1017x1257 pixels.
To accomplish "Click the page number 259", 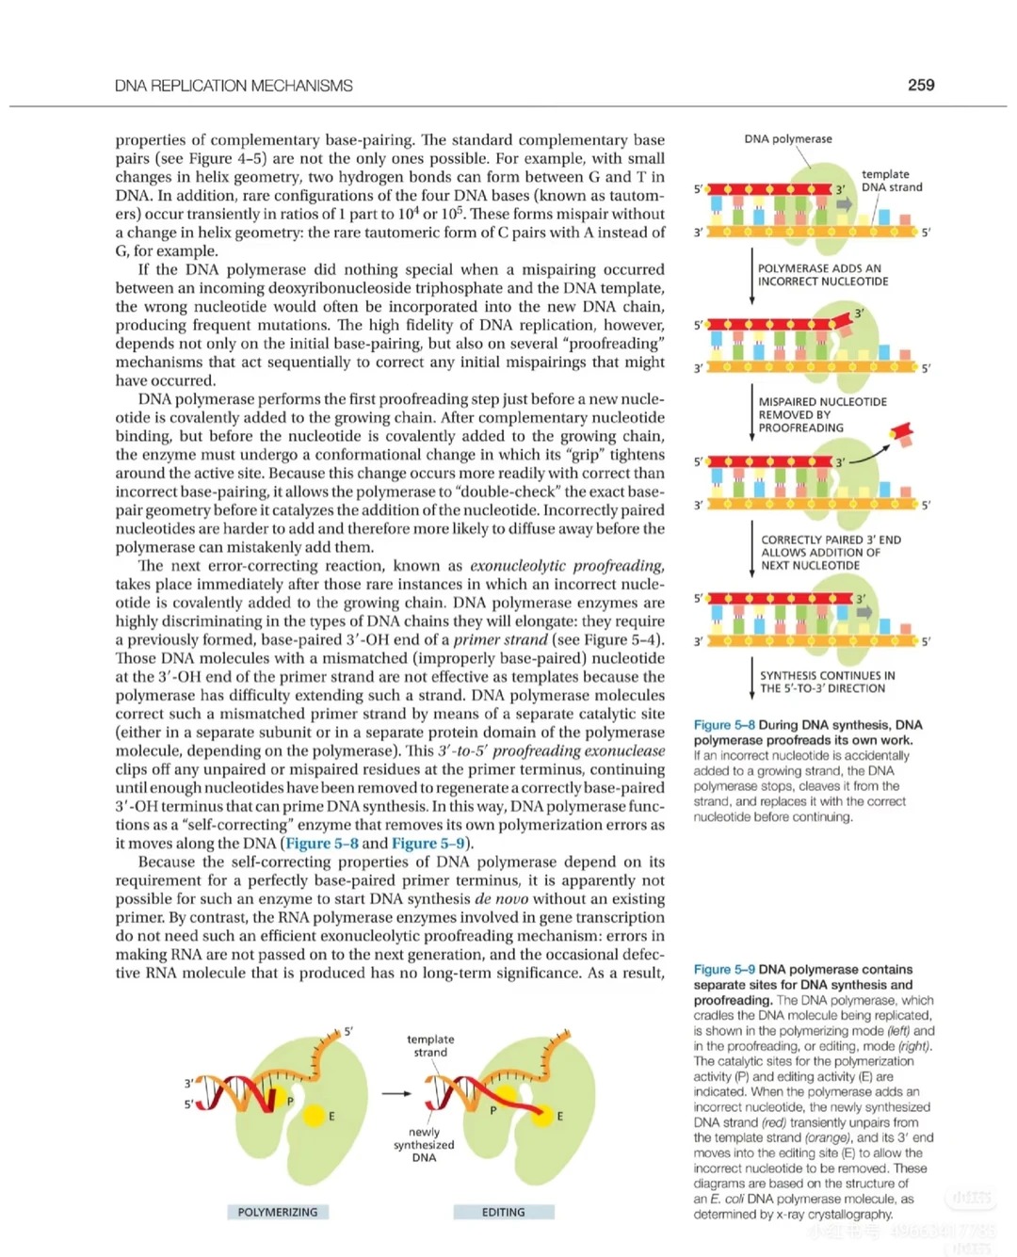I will [x=920, y=85].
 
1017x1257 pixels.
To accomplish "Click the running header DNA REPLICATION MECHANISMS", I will [x=234, y=86].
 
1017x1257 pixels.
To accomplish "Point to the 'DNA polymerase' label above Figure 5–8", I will [x=787, y=139].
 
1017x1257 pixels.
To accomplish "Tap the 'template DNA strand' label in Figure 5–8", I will [x=891, y=181].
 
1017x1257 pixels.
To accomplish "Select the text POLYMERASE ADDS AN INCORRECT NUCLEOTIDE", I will [x=822, y=275].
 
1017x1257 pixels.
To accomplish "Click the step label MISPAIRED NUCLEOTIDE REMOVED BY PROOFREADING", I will [x=822, y=414].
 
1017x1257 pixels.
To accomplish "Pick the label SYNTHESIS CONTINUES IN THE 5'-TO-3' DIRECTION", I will [x=827, y=682].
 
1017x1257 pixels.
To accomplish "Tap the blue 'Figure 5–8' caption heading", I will [x=723, y=725].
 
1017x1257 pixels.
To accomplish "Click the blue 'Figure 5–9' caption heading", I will [x=723, y=969].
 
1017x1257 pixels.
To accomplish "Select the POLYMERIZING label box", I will [x=277, y=1212].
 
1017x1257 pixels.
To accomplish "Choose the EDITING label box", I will [x=503, y=1212].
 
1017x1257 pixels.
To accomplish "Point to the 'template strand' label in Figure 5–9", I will [x=430, y=1046].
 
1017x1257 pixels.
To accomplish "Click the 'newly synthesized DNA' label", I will [x=424, y=1145].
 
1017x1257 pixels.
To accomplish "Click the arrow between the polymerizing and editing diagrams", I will [x=396, y=1093].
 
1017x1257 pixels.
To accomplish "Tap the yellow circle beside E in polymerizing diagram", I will [x=313, y=1115].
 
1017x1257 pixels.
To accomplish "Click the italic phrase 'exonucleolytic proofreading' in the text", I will [x=566, y=566].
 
